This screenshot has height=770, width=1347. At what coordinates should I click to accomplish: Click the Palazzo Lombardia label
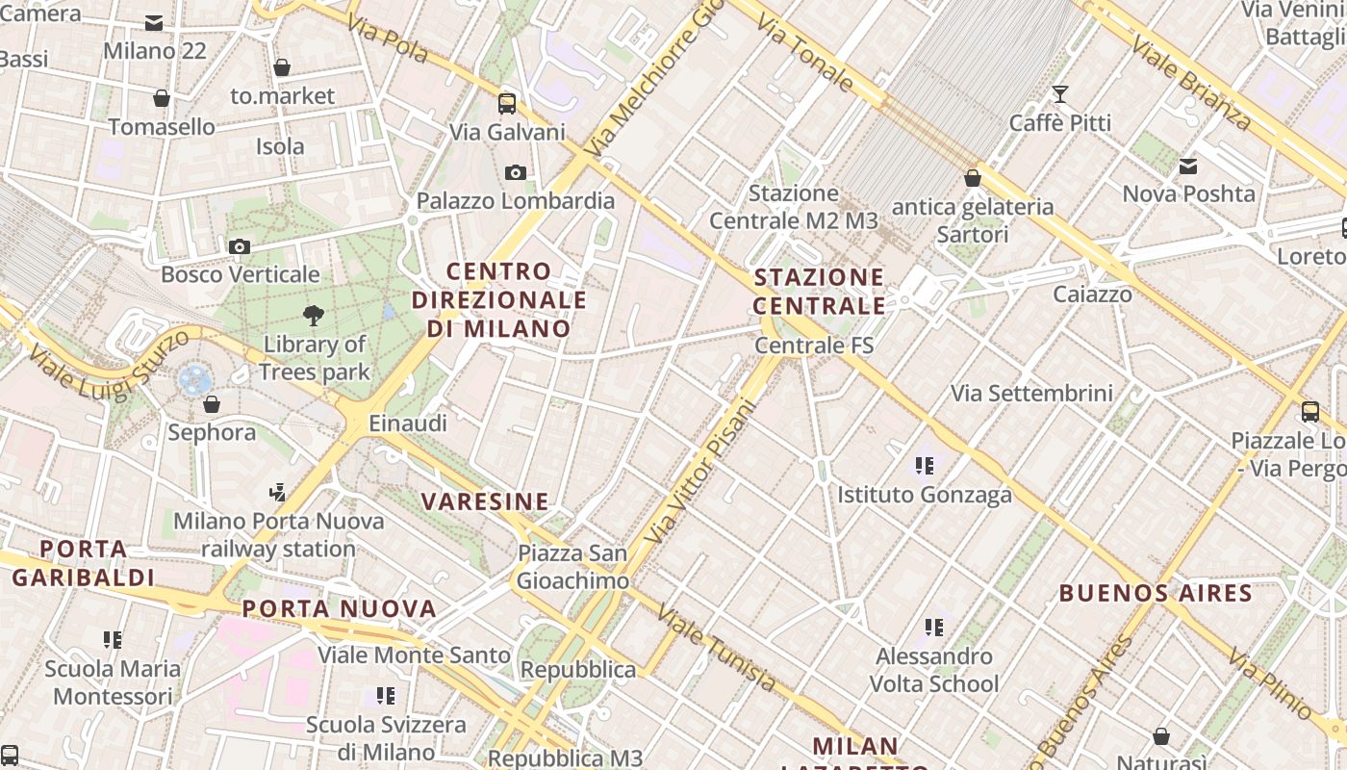(515, 201)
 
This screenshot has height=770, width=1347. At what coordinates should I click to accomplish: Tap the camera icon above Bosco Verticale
(240, 247)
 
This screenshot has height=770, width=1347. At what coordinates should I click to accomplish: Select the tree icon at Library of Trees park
(313, 314)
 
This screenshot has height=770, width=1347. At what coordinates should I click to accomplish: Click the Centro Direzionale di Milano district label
(499, 299)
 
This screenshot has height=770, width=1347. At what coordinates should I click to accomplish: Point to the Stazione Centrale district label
(819, 292)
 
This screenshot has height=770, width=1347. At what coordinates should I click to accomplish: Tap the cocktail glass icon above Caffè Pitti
(1059, 94)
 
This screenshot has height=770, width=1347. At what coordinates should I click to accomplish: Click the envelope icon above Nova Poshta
(1188, 167)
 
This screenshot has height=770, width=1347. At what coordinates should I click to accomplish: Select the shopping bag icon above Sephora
(212, 404)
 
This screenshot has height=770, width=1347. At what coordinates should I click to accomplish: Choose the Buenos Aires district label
(1156, 593)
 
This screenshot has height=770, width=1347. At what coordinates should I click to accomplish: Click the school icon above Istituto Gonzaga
(925, 467)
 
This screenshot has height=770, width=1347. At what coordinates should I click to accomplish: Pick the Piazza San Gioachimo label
(572, 567)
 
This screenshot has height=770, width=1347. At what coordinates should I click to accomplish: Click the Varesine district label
(485, 501)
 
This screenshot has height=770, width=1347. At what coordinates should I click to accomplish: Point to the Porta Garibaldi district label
(83, 563)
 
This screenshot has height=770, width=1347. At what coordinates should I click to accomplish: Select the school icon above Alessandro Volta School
(934, 629)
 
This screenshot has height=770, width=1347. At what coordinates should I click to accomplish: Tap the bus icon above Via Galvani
(507, 104)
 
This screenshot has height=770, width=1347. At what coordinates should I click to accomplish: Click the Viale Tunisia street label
(717, 650)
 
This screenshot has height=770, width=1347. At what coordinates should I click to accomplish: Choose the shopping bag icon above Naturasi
(1161, 737)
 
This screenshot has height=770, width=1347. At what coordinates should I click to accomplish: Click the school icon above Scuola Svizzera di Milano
(386, 696)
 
